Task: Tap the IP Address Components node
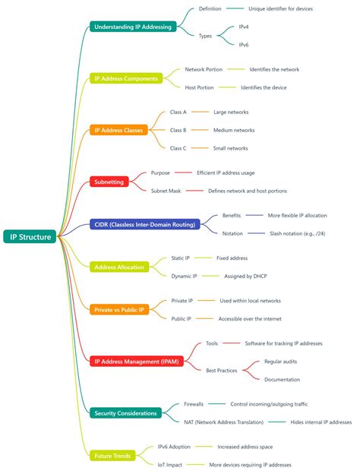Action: [x=127, y=78]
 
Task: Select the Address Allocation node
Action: [x=119, y=267]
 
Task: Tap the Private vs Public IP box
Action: [x=119, y=309]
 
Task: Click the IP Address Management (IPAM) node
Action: [x=138, y=362]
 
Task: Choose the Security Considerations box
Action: [x=126, y=413]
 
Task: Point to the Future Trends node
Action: [x=113, y=456]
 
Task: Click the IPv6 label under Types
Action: [x=244, y=45]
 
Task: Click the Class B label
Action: [x=178, y=130]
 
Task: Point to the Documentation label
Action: [x=282, y=379]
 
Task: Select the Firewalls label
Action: [x=193, y=404]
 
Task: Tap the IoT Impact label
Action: [x=171, y=464]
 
